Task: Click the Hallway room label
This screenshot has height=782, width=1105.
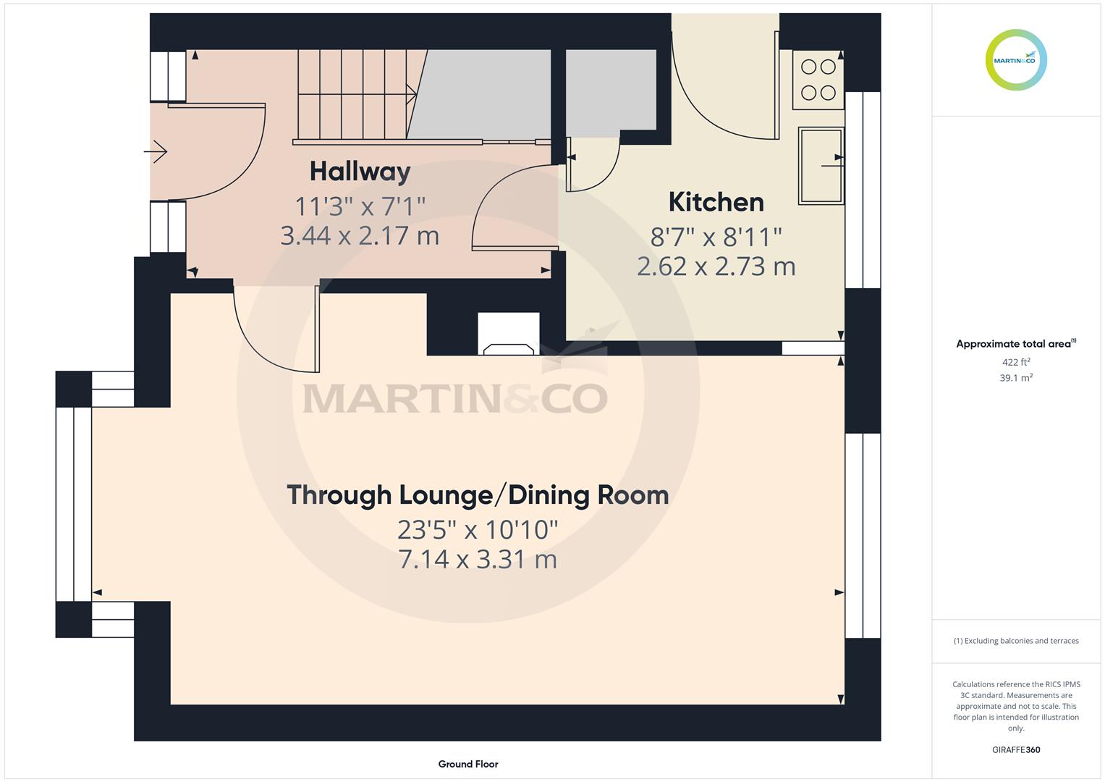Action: (360, 172)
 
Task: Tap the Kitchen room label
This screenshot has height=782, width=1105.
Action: (716, 202)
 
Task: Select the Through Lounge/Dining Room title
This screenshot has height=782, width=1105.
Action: (478, 495)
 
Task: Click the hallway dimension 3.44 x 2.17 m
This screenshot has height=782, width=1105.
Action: (360, 235)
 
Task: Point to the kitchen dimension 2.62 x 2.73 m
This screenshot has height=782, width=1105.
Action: (716, 266)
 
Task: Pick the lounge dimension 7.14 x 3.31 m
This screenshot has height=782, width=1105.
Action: (478, 559)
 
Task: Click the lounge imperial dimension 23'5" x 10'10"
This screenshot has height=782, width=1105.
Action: (478, 530)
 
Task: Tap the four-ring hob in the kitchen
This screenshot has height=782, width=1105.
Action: (818, 80)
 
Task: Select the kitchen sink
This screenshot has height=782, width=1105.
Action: (821, 166)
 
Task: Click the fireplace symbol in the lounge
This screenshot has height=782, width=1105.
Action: (509, 335)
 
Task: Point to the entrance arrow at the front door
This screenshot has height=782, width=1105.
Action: (156, 151)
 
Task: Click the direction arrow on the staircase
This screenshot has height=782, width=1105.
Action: (412, 94)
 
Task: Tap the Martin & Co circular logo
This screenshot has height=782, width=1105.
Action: (1016, 59)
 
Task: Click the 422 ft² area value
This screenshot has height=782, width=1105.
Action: (1016, 362)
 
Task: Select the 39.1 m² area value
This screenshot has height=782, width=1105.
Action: (1016, 378)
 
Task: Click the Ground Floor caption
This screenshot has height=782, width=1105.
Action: (468, 764)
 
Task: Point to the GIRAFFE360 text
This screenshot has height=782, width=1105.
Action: (1016, 750)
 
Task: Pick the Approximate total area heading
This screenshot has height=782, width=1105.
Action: (1016, 344)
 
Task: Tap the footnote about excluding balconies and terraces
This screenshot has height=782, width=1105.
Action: (1016, 641)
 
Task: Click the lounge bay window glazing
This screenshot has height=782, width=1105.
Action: (74, 504)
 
